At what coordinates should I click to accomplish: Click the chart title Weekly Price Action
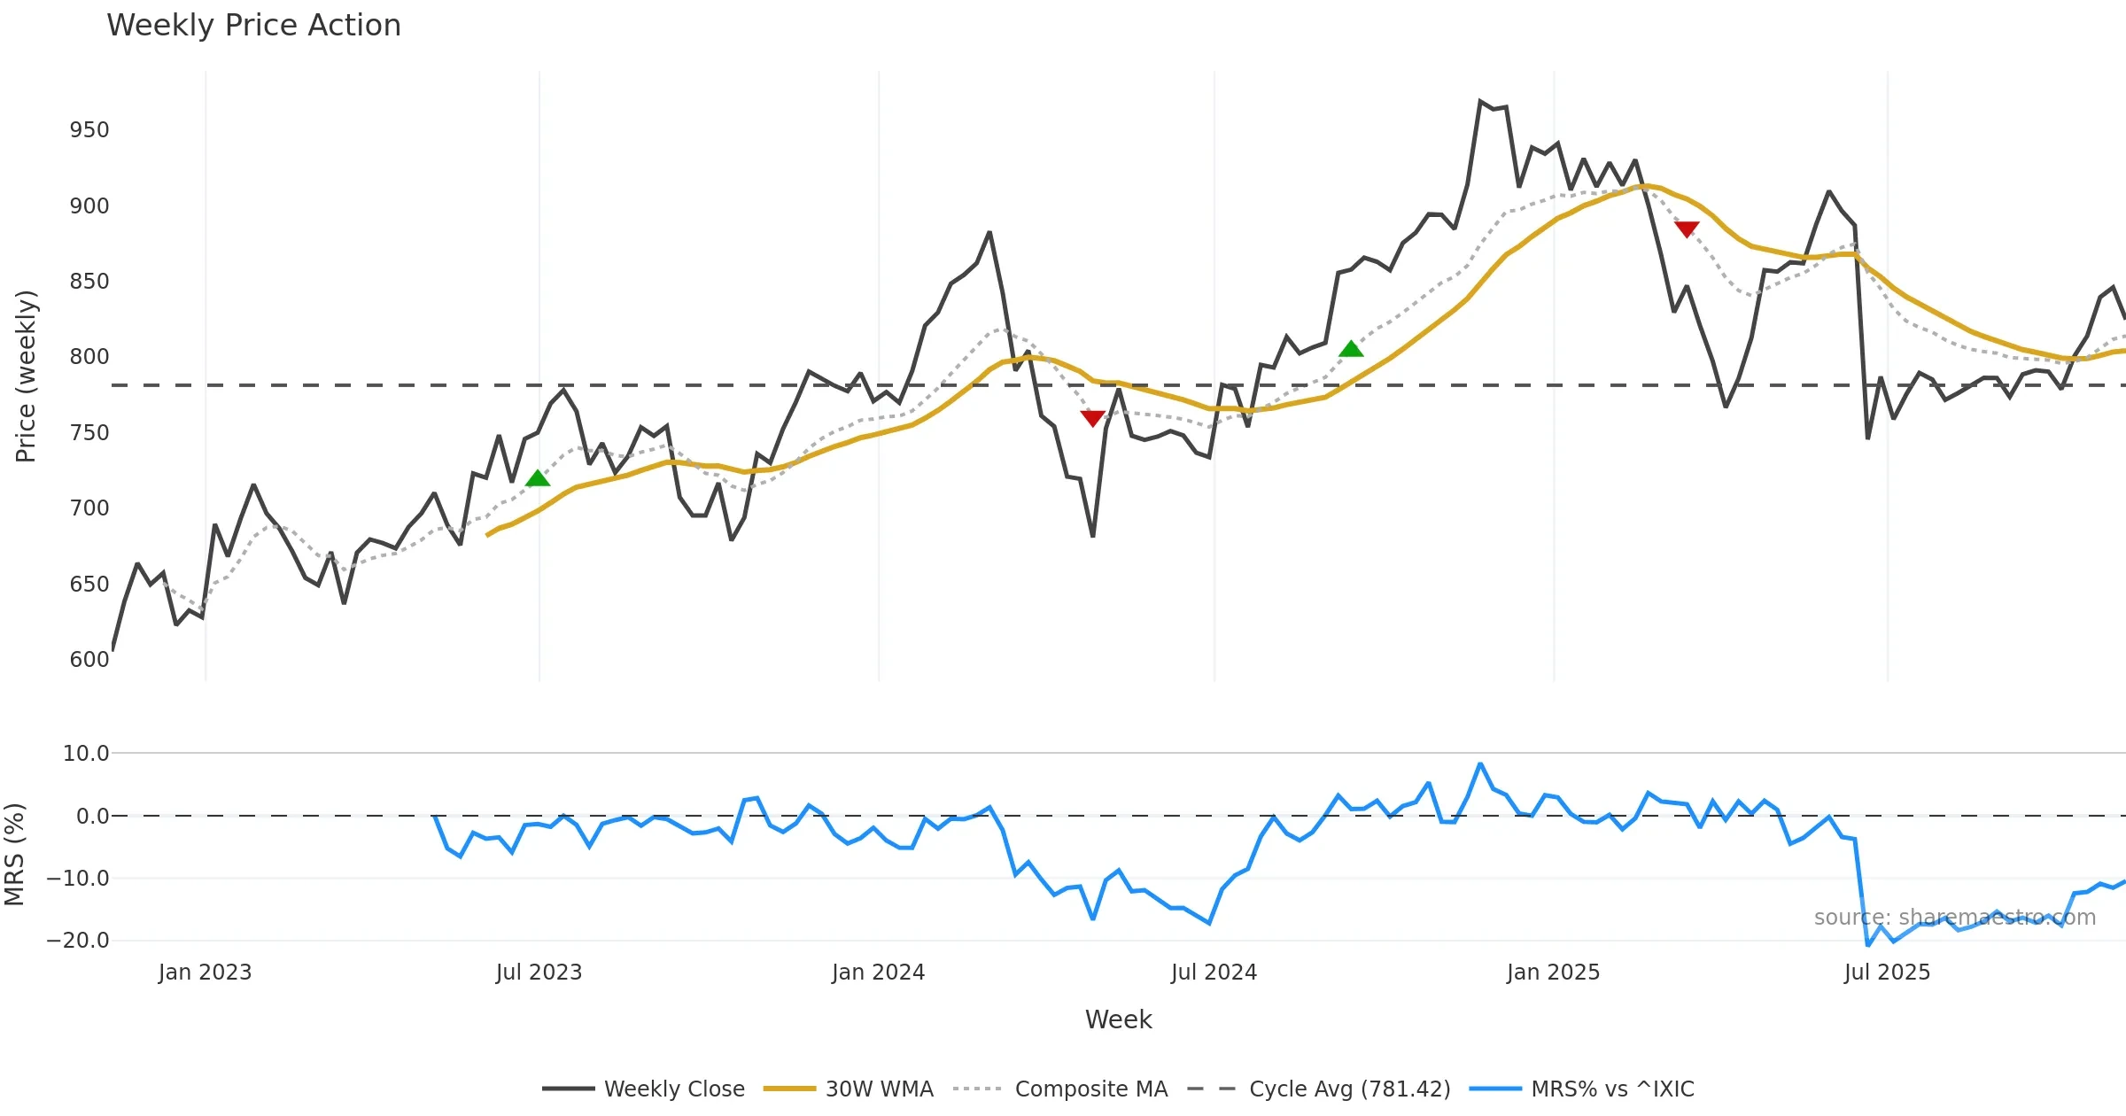[x=253, y=26]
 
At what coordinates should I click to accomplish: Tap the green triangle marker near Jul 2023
[x=538, y=479]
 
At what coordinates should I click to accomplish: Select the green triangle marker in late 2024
[x=1351, y=349]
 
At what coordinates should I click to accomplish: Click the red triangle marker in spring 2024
[x=1093, y=417]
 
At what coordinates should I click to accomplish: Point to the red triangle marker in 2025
[x=1687, y=229]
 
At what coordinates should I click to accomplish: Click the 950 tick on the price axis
[x=89, y=130]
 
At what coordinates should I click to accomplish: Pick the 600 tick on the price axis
[x=89, y=660]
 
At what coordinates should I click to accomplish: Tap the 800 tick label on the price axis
[x=89, y=357]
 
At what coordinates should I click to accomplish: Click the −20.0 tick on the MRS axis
[x=78, y=941]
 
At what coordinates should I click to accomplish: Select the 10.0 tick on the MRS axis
[x=86, y=754]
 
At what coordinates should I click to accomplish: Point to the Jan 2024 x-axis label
[x=878, y=973]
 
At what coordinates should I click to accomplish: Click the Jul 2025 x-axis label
[x=1887, y=973]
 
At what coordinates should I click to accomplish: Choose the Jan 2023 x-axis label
[x=206, y=973]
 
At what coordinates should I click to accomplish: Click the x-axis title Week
[x=1118, y=1020]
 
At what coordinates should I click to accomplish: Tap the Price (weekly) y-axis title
[x=27, y=376]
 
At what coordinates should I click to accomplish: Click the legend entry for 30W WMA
[x=879, y=1089]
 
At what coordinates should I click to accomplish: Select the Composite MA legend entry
[x=1090, y=1089]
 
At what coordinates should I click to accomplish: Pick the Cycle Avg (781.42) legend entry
[x=1349, y=1089]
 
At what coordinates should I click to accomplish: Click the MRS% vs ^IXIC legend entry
[x=1612, y=1089]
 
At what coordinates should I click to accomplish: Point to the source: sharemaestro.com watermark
[x=1954, y=918]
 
